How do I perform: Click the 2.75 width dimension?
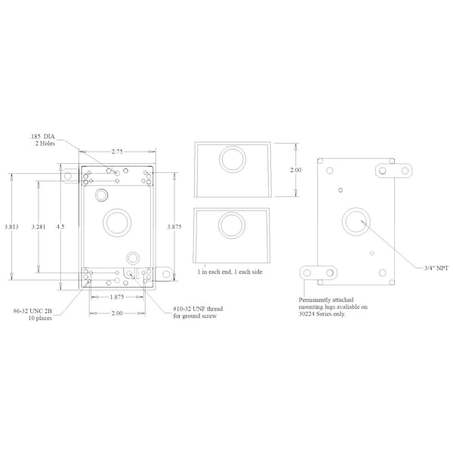click(117, 152)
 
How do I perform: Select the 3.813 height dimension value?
click(11, 226)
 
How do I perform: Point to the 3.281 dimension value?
click(39, 226)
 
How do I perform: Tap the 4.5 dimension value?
click(60, 226)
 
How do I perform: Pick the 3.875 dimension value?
click(174, 226)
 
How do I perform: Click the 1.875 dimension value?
click(117, 297)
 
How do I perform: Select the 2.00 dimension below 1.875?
click(117, 313)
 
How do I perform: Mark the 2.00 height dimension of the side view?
click(296, 170)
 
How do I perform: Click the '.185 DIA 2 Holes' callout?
click(42, 140)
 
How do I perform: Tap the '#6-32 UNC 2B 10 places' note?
click(32, 315)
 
